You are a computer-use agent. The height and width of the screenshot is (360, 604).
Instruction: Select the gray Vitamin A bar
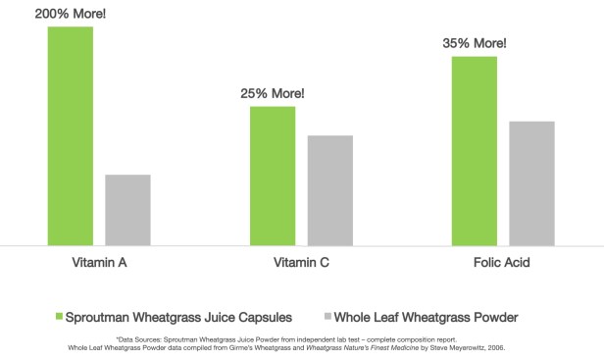[127, 210]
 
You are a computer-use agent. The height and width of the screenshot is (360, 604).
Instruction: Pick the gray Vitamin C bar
[329, 189]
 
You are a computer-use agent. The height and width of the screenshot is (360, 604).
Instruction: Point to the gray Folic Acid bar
[531, 182]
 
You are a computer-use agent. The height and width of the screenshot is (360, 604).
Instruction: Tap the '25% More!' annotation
[273, 93]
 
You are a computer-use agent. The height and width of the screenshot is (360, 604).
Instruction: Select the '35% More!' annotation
[475, 43]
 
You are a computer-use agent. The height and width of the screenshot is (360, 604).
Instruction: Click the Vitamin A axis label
[99, 264]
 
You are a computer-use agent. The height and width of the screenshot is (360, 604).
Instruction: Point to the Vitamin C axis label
[301, 264]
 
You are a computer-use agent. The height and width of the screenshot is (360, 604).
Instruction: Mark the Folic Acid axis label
[503, 264]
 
